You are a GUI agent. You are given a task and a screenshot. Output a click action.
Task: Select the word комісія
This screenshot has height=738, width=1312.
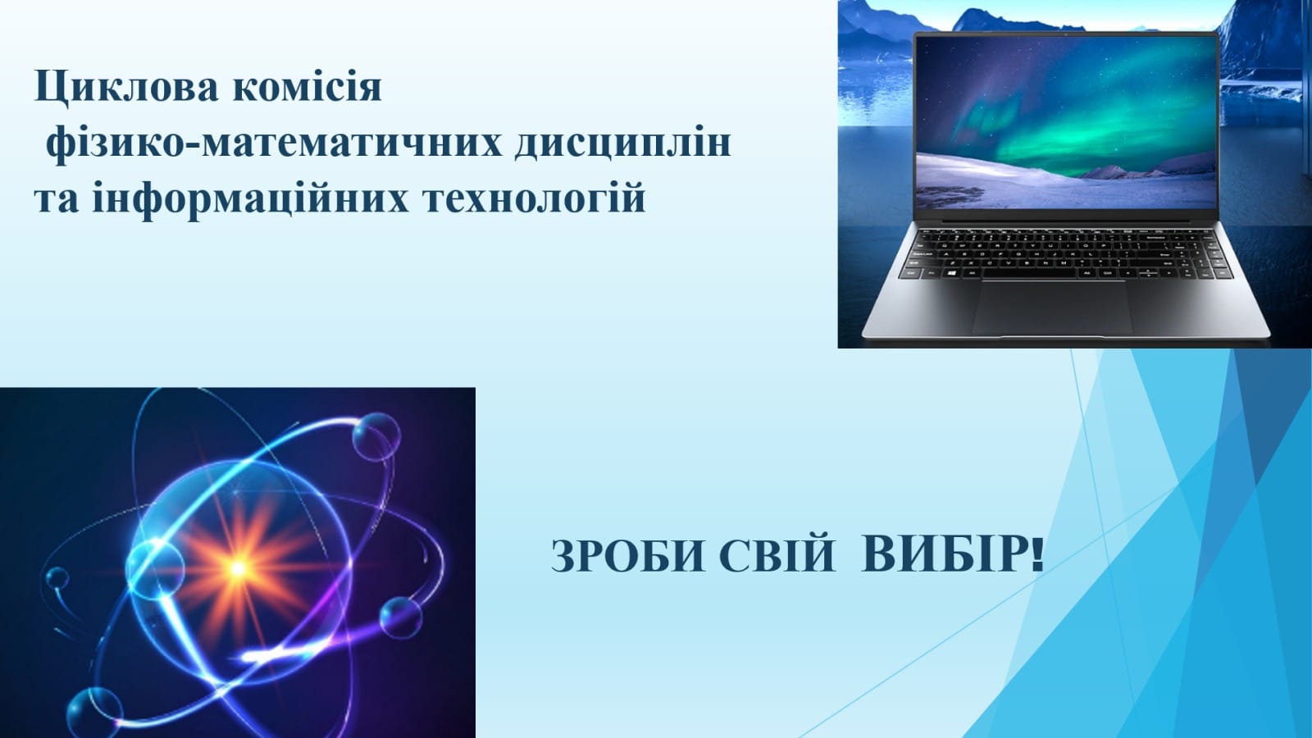[x=307, y=85]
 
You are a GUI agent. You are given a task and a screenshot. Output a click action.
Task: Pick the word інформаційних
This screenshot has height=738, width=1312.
[x=251, y=199]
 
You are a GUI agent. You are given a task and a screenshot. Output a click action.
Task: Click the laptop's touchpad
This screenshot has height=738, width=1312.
[x=1052, y=307]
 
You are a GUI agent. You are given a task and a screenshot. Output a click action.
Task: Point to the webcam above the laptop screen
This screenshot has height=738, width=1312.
[x=1065, y=35]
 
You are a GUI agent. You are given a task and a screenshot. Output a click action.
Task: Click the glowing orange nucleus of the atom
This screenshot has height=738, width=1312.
[x=237, y=567]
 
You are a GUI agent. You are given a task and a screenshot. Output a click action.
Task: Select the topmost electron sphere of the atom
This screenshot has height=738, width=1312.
[x=376, y=436]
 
